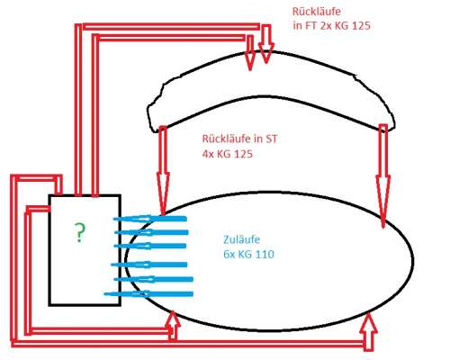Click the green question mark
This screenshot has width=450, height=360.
79,232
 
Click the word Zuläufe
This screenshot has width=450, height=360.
241,239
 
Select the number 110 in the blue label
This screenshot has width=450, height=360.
265,255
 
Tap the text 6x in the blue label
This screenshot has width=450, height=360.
229,255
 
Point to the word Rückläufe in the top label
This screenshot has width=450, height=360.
317,12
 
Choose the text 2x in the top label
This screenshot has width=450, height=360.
326,26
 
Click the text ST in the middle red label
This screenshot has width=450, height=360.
271,139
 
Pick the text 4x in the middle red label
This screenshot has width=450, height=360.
208,154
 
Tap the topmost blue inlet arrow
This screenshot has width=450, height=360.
150,219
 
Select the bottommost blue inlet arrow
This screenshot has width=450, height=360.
148,293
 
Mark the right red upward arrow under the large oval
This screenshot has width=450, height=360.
369,331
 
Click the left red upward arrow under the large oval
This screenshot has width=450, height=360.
173,326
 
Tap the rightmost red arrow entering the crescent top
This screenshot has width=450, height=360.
265,44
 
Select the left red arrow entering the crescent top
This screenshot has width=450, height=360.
250,52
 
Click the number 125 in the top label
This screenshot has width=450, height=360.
361,26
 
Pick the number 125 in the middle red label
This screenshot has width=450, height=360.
243,154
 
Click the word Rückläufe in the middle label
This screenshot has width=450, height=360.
226,139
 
